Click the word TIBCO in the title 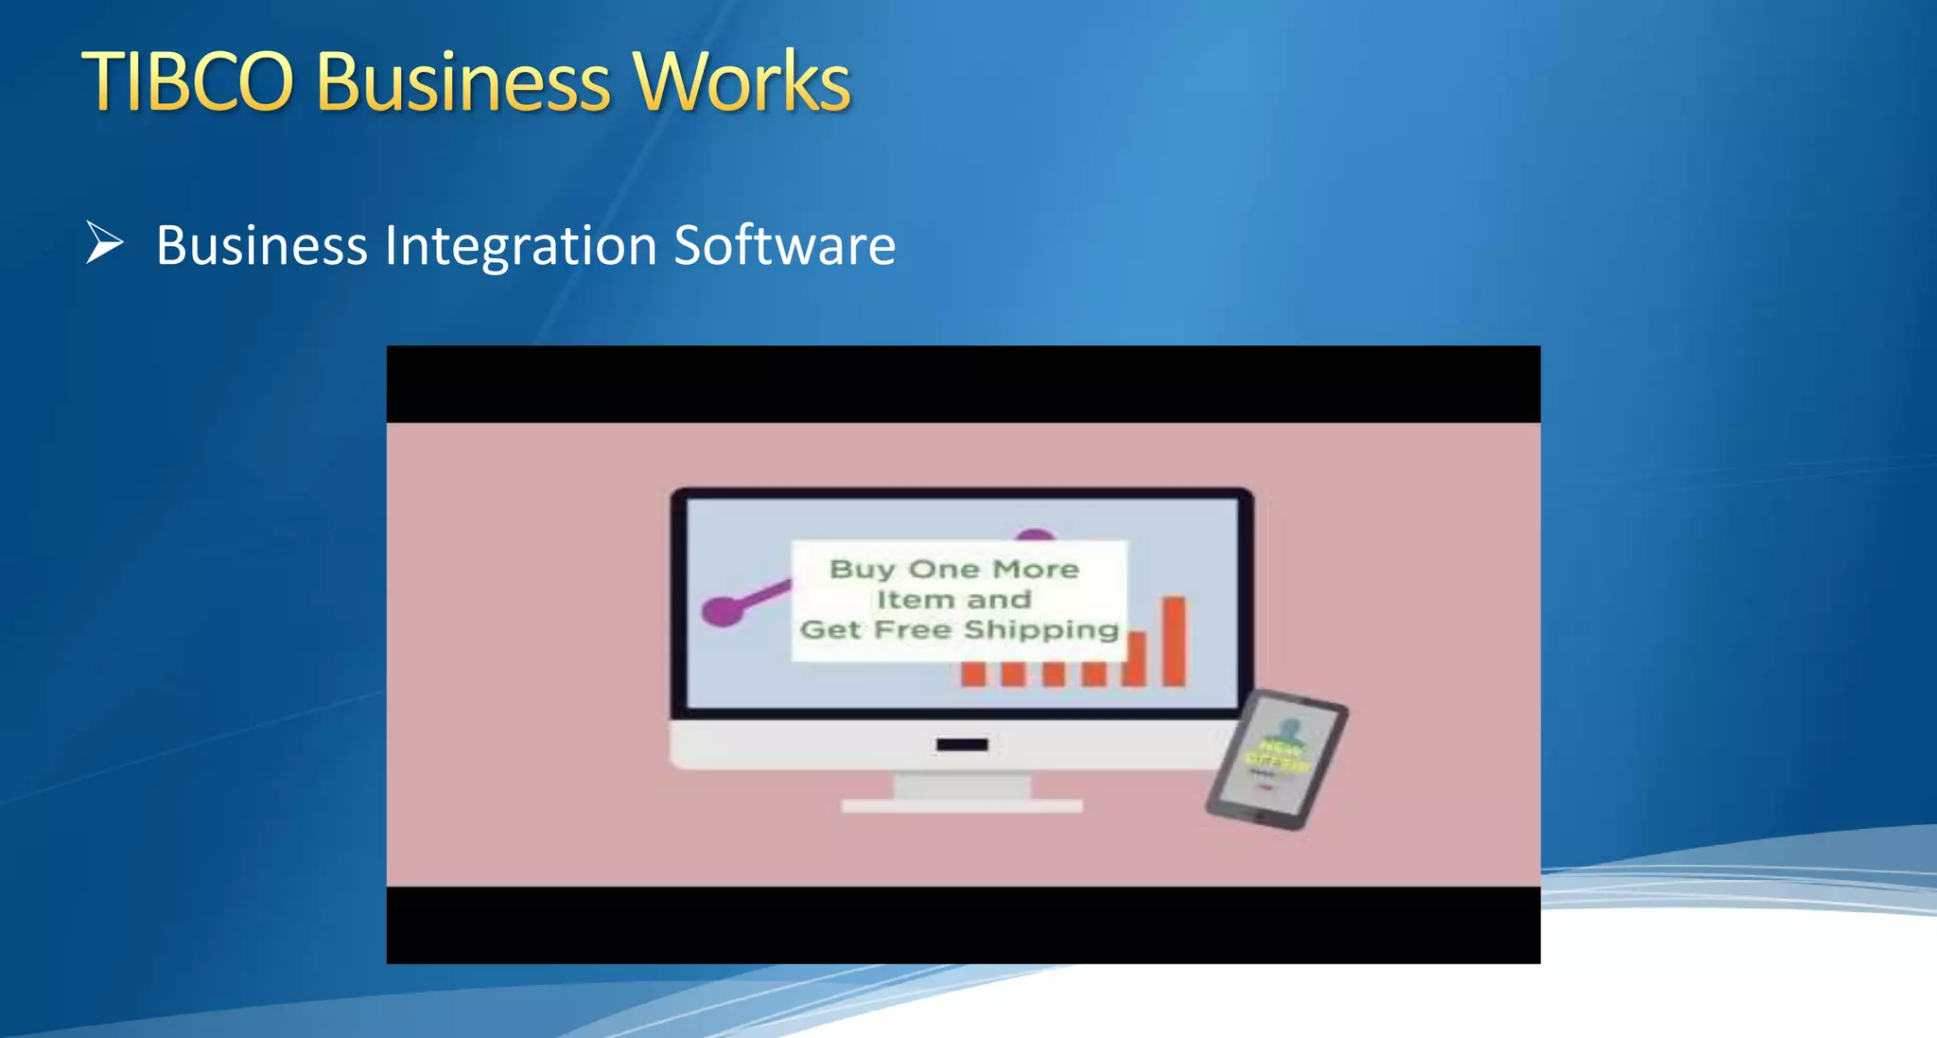pos(188,82)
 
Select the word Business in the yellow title pos(463,82)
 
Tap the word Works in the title pos(742,82)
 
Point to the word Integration pos(521,246)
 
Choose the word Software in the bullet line pos(784,246)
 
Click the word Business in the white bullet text pos(261,246)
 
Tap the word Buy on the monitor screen pos(862,570)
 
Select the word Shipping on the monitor pos(1040,630)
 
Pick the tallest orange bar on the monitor pos(1174,641)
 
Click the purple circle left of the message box pos(722,610)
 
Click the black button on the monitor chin pos(962,745)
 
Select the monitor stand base pos(962,805)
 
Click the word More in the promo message pos(1036,570)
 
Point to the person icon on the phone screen pos(1287,731)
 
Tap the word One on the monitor pos(943,570)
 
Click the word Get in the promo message pos(829,630)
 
